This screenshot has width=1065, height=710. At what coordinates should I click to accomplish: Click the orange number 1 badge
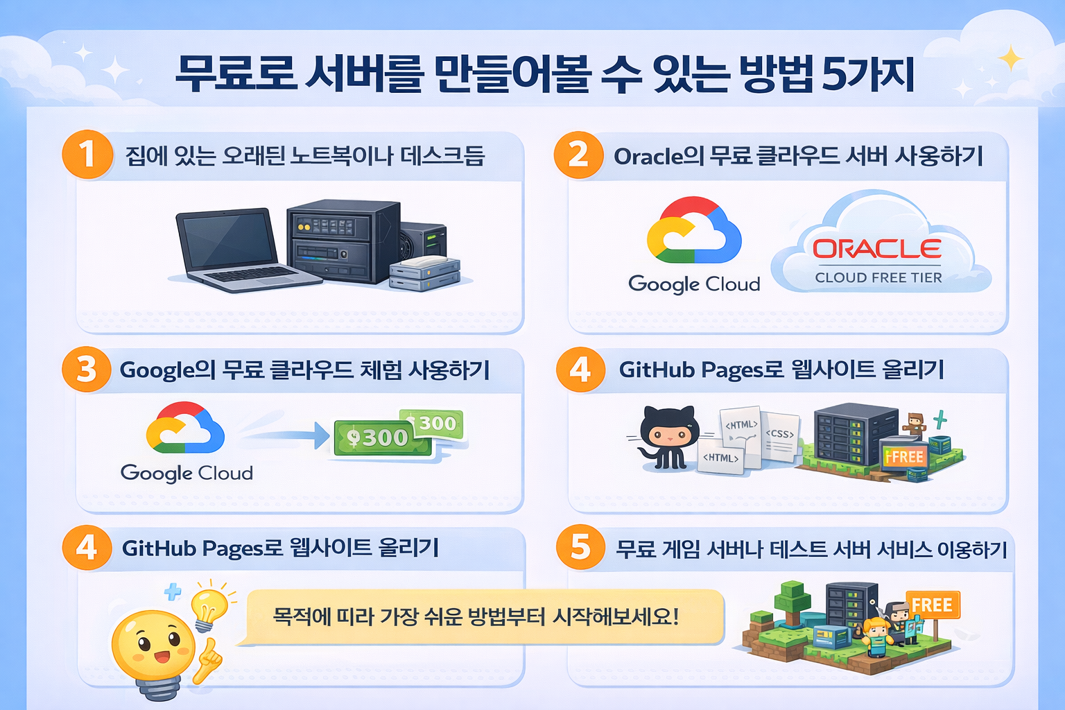(87, 154)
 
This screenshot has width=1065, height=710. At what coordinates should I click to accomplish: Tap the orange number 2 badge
(578, 154)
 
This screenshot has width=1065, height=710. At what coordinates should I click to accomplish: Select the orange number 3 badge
(87, 369)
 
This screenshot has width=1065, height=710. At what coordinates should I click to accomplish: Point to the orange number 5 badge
(580, 547)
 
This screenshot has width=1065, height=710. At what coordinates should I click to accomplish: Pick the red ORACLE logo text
(876, 249)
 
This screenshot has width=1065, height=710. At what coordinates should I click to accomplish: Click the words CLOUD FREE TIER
(878, 277)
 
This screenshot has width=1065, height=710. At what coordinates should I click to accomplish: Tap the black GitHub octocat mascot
(668, 437)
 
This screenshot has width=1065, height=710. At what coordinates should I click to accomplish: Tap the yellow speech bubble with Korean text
(478, 616)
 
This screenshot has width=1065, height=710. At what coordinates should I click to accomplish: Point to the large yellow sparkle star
(1010, 58)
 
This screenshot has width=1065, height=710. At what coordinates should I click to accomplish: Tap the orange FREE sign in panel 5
(932, 605)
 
